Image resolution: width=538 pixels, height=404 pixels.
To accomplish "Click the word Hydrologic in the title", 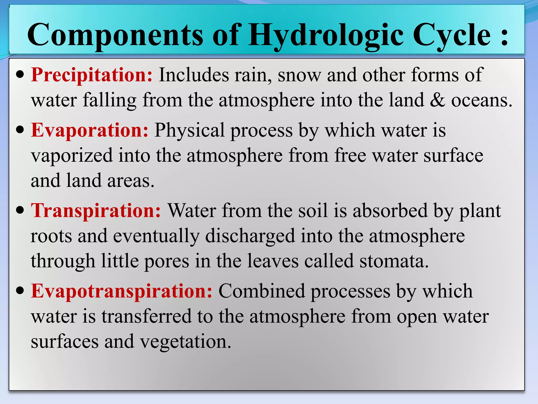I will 326,36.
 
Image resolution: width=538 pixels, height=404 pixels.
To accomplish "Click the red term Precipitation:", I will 92,75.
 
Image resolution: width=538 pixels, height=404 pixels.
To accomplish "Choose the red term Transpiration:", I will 96,211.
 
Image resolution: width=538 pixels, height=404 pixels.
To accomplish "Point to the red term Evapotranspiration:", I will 122,291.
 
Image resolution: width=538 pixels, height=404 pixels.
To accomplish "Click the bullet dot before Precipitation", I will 20,75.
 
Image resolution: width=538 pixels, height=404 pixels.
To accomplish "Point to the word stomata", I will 394,261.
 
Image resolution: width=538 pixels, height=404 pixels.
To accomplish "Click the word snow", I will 299,75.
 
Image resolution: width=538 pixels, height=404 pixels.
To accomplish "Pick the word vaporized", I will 72,155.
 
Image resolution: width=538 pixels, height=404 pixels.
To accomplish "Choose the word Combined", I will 262,291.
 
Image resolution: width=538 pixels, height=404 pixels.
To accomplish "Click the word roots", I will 51,236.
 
